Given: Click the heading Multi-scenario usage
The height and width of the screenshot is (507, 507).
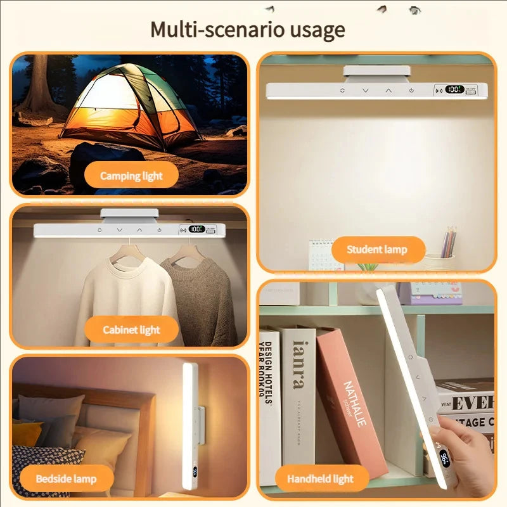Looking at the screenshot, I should [247, 30].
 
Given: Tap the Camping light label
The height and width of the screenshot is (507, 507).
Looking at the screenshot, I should [132, 176].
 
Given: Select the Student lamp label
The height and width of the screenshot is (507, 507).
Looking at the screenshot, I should [377, 250].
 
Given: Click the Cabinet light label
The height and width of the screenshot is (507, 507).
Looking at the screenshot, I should [132, 330].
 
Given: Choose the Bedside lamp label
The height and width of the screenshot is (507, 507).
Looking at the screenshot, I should [66, 478].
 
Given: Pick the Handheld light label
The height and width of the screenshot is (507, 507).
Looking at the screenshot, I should [319, 478].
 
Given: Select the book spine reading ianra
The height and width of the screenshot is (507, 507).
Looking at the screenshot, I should [298, 393].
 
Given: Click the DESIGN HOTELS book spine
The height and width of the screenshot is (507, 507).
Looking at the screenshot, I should [269, 399].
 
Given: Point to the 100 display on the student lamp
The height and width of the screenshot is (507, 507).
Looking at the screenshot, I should [454, 90].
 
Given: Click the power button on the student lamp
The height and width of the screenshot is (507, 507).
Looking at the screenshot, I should [411, 91].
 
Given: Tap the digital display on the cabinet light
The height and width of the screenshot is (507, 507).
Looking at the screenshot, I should [196, 229].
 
